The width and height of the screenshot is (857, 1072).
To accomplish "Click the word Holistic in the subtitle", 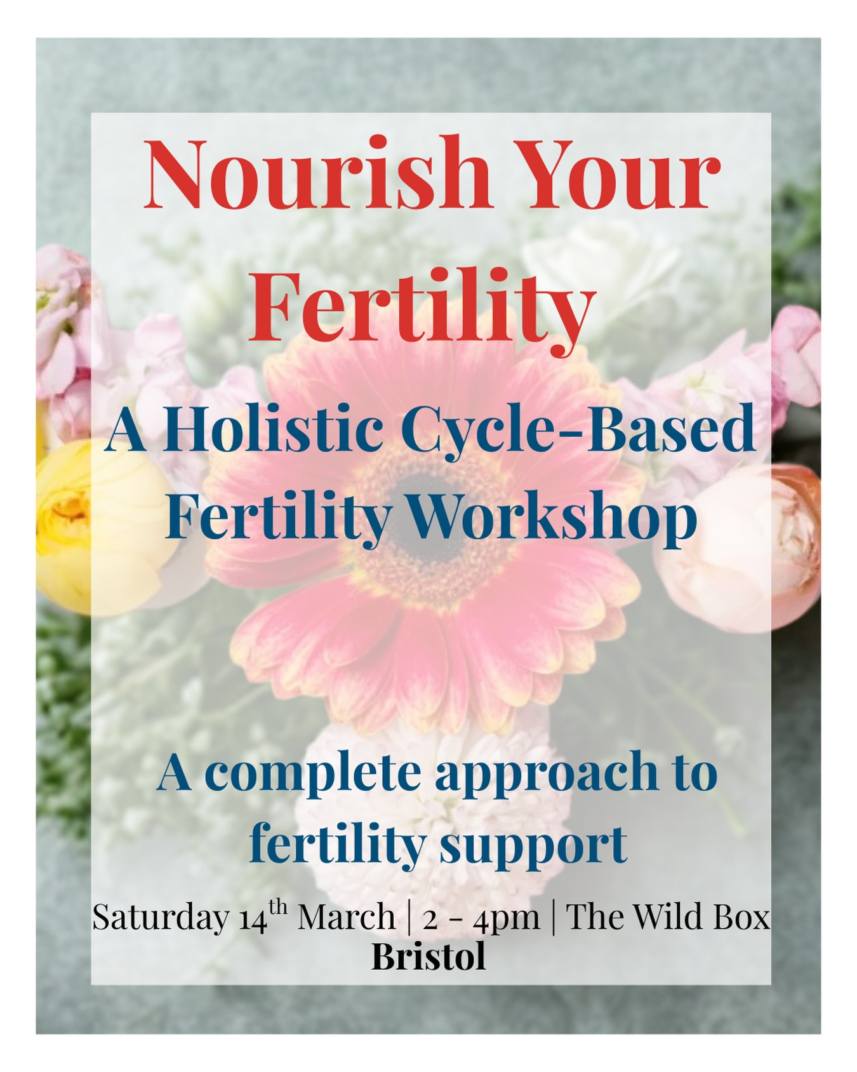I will [273, 431].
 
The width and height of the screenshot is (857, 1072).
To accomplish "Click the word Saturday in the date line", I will [161, 917].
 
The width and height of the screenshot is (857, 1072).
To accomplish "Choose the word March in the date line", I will [347, 917].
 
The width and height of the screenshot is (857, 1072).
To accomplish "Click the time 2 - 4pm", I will [481, 918].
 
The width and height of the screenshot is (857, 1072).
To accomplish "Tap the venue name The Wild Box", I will [667, 917].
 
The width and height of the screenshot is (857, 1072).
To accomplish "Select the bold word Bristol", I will [428, 956].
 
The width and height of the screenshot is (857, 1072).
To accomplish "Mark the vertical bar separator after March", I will [408, 917].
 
